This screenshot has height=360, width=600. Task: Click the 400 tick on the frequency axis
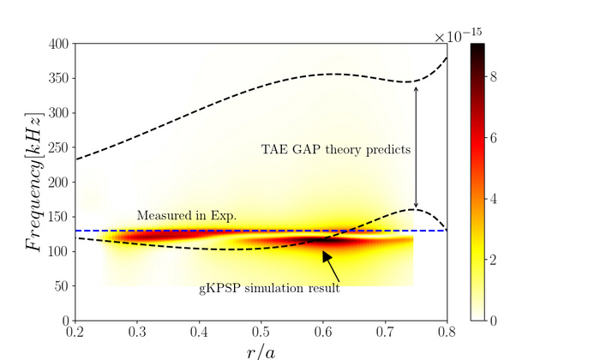pyautogui.click(x=57, y=44)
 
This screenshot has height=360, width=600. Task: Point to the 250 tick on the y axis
pyautogui.click(x=57, y=147)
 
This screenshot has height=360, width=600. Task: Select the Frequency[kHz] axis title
pyautogui.click(x=33, y=182)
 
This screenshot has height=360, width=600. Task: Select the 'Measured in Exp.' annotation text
pyautogui.click(x=186, y=215)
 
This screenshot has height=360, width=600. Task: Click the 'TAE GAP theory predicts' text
pyautogui.click(x=335, y=149)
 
